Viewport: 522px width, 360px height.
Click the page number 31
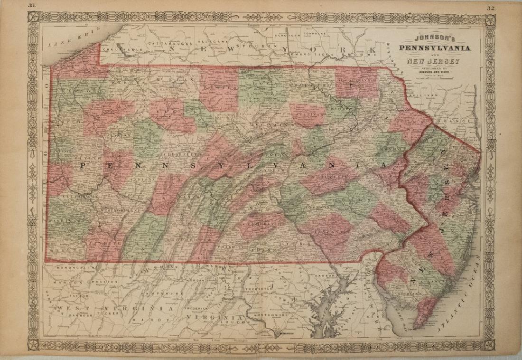pos(32,5)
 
